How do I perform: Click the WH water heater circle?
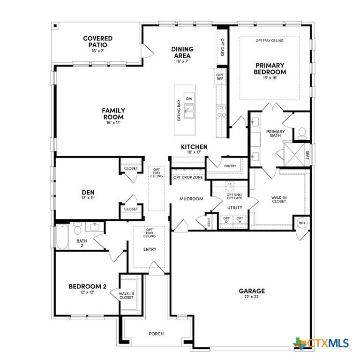click(302, 223)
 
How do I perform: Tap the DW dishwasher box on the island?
click(189, 98)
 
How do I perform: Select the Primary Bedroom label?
click(270, 68)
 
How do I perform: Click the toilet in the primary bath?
click(302, 134)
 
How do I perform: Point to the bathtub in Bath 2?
click(62, 237)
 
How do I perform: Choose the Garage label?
click(252, 291)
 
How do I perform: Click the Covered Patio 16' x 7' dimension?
click(98, 51)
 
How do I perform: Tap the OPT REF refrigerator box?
click(220, 77)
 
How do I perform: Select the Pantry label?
click(230, 166)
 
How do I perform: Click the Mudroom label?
click(191, 199)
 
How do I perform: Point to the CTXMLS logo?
click(321, 344)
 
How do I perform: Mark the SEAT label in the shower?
click(307, 155)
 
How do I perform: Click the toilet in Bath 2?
click(78, 228)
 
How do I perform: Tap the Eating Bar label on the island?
click(179, 111)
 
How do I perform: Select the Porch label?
click(156, 334)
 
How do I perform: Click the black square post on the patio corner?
click(55, 26)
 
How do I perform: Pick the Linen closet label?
click(209, 222)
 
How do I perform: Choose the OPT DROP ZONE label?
click(188, 177)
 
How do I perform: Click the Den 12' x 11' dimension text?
click(88, 197)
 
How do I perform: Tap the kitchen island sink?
click(189, 112)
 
